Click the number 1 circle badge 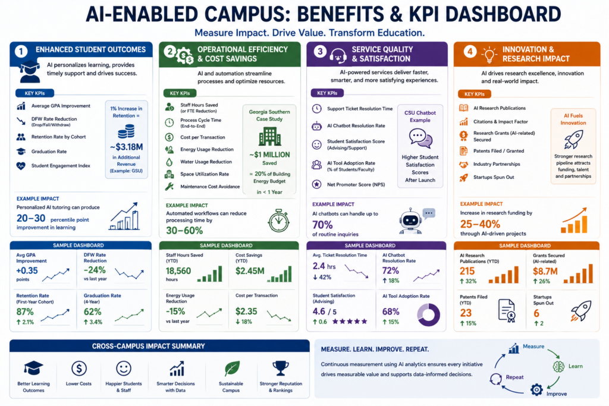21,51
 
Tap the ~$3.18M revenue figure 126,147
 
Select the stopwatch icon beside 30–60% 278,221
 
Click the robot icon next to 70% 410,221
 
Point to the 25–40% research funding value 480,224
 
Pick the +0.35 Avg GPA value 27,270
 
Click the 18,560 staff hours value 178,271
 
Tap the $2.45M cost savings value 250,271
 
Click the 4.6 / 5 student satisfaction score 325,311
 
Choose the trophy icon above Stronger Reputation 281,369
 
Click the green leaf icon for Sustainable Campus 232,369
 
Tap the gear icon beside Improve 536,389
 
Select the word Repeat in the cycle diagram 514,377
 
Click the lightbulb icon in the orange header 489,55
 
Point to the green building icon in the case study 269,137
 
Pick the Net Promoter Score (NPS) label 356,185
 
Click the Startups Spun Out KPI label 493,177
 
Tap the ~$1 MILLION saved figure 269,155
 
